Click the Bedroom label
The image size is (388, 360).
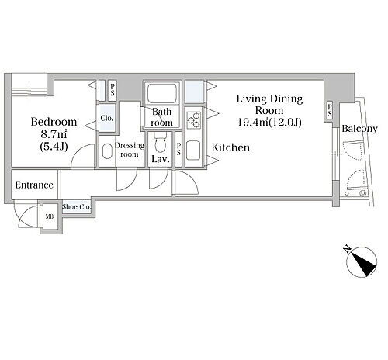(x=54, y=122)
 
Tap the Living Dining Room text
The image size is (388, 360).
(x=269, y=105)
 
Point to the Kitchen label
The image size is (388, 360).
(x=230, y=147)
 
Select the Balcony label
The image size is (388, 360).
(x=359, y=129)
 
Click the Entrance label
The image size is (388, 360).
(x=34, y=185)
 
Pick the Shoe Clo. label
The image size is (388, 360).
(x=77, y=207)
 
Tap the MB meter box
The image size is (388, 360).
(x=50, y=216)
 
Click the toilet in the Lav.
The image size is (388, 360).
(x=159, y=143)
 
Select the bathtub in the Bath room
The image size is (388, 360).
(x=162, y=92)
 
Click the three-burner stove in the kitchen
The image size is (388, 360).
(x=194, y=120)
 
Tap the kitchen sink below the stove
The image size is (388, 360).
(x=192, y=151)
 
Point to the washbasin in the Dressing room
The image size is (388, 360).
(x=107, y=151)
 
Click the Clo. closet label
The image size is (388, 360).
(x=107, y=118)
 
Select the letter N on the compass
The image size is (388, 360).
(x=347, y=249)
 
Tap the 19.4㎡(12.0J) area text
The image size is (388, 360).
(x=269, y=122)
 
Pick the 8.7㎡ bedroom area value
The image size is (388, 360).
(x=54, y=134)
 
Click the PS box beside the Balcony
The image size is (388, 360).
(x=330, y=110)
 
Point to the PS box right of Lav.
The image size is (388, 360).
(x=178, y=149)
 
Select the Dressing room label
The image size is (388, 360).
(x=130, y=150)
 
